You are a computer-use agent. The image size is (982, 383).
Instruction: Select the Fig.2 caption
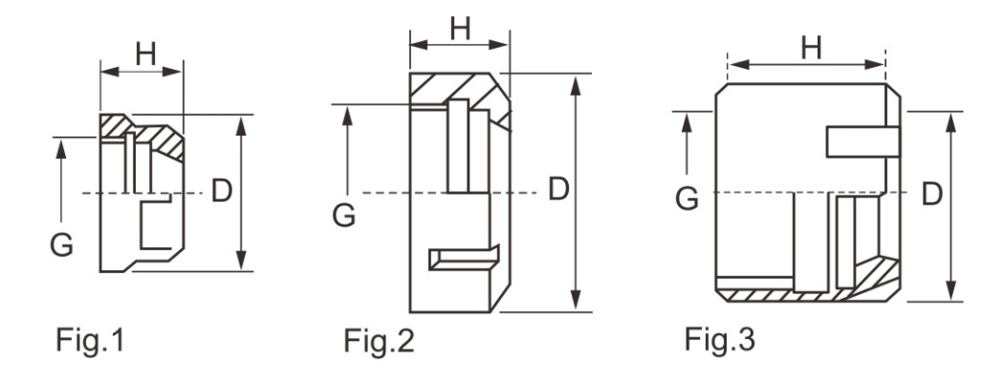(x=380, y=339)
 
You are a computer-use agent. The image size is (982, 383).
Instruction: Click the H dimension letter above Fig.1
(x=144, y=54)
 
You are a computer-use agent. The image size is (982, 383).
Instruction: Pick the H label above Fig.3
(x=811, y=47)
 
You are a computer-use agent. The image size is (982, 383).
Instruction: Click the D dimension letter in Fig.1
(x=221, y=191)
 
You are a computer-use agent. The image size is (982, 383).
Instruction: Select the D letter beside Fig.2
(x=558, y=189)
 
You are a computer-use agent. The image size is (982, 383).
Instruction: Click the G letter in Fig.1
(x=60, y=245)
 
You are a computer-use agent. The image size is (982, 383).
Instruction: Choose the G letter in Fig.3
(x=686, y=199)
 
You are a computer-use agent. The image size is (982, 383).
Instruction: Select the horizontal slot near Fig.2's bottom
(x=463, y=256)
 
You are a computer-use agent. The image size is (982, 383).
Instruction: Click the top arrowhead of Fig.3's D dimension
(x=950, y=118)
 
